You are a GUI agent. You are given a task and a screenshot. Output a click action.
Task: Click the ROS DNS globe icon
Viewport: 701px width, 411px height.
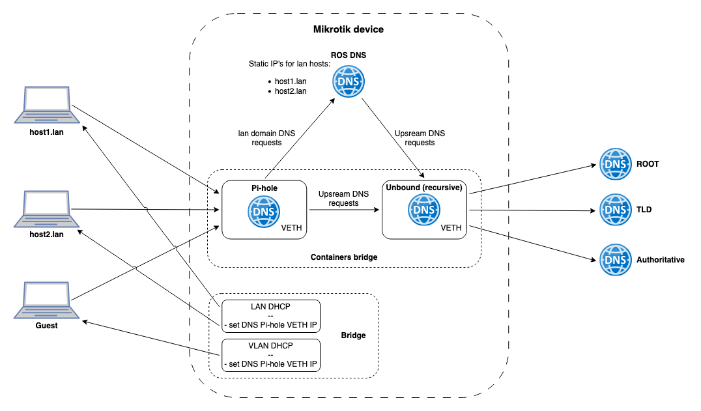tap(349, 82)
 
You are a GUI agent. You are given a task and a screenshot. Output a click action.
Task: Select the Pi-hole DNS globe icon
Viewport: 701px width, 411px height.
tap(263, 212)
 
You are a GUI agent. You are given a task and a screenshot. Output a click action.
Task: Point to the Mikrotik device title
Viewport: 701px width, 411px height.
tap(349, 29)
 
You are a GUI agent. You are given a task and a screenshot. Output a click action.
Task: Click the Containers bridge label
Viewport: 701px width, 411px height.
tap(344, 257)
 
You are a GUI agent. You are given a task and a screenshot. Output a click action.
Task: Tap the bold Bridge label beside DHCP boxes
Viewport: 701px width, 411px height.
tap(353, 335)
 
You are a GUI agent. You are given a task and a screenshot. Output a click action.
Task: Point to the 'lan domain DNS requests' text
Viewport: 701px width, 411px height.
tap(266, 137)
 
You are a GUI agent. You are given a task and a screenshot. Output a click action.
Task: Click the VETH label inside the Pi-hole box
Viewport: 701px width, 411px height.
tap(291, 228)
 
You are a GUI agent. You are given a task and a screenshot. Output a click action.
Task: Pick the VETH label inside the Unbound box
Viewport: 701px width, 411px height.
tap(451, 228)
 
